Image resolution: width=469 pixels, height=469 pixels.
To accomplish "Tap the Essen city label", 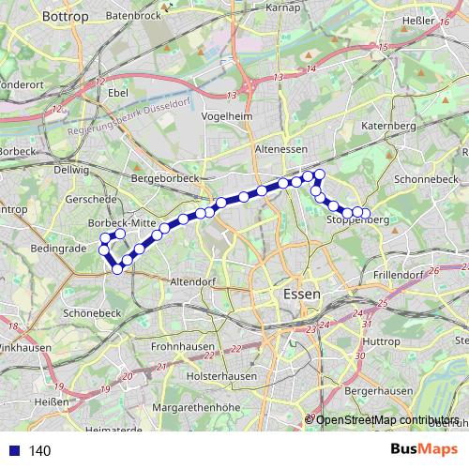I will pos(300,294).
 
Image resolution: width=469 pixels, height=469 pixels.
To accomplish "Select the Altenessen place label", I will pos(280,148).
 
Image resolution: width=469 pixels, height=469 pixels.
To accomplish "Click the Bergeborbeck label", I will pos(166,177).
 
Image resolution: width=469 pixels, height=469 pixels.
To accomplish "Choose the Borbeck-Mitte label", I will pos(120,222).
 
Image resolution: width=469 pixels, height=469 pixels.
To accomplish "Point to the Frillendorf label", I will pos(397,275).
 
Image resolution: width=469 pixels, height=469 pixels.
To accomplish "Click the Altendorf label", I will pos(193,281).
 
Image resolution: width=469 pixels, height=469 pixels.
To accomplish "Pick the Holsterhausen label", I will pos(221,375).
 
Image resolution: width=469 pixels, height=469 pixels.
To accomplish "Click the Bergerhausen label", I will pos(378,388).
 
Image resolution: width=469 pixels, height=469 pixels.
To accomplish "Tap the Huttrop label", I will pos(381,341).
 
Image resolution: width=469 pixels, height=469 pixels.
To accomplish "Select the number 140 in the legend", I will pos(39,451).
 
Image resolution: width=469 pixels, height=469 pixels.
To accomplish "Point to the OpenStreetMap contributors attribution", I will pos(386,419).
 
